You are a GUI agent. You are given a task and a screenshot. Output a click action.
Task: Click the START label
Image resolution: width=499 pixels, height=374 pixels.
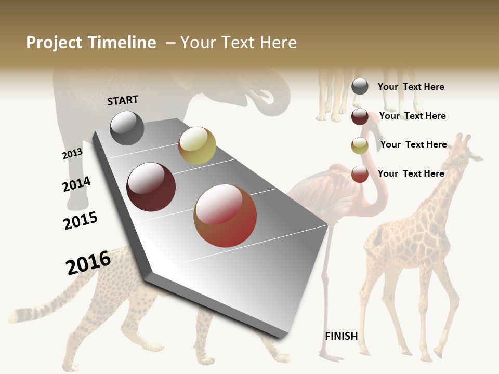point(123,100)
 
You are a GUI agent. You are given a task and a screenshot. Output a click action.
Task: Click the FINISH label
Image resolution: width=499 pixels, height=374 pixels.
point(342,336)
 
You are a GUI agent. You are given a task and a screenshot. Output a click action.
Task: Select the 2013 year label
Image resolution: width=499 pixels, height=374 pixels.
point(72,154)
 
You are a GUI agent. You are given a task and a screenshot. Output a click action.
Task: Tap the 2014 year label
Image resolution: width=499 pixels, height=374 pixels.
point(76,184)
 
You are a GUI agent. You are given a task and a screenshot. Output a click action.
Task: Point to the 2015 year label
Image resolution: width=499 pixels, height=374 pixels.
point(81,221)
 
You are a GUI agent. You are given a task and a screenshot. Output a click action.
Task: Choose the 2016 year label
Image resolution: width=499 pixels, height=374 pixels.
point(88,262)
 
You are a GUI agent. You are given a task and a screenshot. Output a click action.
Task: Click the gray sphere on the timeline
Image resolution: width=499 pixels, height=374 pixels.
point(127,128)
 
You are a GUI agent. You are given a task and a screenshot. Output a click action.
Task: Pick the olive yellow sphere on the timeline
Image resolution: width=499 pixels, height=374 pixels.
point(197,145)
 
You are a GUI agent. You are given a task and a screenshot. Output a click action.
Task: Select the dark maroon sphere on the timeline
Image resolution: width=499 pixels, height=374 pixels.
point(151,187)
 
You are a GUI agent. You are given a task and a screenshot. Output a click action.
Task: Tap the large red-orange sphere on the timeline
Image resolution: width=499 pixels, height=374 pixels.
point(225,216)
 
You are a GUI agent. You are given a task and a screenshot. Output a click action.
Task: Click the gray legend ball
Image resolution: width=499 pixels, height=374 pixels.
point(360,87)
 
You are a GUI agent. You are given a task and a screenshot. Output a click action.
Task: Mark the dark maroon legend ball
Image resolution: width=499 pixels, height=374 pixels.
point(360,116)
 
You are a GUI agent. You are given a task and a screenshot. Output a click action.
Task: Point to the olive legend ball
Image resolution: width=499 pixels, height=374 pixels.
point(360,145)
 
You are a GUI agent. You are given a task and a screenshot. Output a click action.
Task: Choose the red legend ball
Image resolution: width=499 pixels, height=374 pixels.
point(360,174)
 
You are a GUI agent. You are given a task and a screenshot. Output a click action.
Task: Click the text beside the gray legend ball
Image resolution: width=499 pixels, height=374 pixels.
point(411,87)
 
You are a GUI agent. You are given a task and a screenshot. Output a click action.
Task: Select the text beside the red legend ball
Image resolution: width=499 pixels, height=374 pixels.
point(411,173)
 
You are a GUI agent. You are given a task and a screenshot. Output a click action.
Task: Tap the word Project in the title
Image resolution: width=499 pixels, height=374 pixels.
point(54,43)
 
